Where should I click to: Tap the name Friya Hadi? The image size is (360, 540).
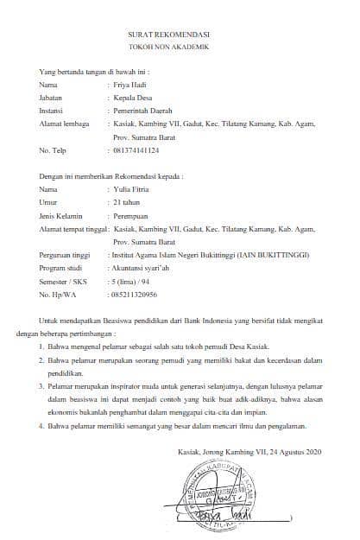pyautogui.click(x=131, y=86)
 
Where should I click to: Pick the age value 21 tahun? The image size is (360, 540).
pyautogui.click(x=129, y=201)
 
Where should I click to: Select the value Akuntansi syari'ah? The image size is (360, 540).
pyautogui.click(x=142, y=268)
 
